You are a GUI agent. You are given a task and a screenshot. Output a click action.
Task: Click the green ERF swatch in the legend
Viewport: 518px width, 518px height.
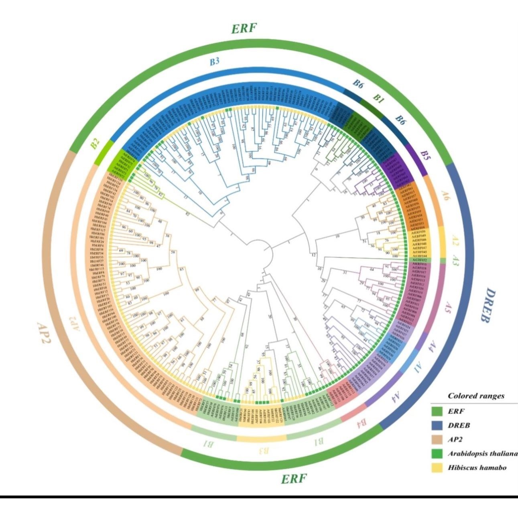coord(437,411)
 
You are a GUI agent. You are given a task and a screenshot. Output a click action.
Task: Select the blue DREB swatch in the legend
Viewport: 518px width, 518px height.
coord(437,425)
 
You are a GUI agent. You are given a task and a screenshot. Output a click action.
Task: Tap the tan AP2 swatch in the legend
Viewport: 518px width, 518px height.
coord(437,439)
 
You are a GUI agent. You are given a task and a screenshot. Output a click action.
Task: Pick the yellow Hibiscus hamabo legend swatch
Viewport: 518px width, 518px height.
coord(437,467)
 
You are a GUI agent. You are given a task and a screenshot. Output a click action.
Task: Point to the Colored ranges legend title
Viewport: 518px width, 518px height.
coord(476,396)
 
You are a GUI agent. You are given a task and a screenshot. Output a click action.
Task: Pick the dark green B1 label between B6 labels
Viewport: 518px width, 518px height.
coord(378,99)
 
